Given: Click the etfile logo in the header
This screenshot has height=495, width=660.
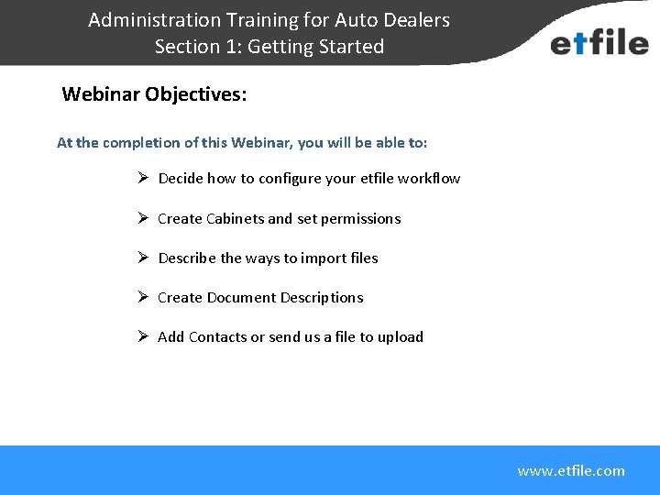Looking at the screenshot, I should pos(599,42).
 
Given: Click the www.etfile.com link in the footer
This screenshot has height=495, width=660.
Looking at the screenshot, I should pos(570,471).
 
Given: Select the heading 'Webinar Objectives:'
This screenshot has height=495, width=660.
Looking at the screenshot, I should pos(154,94).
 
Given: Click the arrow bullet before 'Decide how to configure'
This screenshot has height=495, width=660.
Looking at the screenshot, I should pos(143,178).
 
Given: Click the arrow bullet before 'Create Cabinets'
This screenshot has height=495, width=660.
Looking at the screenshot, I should pos(143,218).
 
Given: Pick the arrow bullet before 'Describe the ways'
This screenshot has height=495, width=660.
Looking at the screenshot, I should pos(143,258).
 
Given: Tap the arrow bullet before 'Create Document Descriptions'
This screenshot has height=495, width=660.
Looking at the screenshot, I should pos(143,297).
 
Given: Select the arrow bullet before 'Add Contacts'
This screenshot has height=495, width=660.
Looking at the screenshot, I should pos(143,336).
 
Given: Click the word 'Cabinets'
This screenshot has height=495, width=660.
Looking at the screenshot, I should pos(235,219).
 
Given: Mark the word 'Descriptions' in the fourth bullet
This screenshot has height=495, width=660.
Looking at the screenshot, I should pos(321,298).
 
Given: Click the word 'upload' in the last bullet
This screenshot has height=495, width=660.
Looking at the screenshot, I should pos(401,337).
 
